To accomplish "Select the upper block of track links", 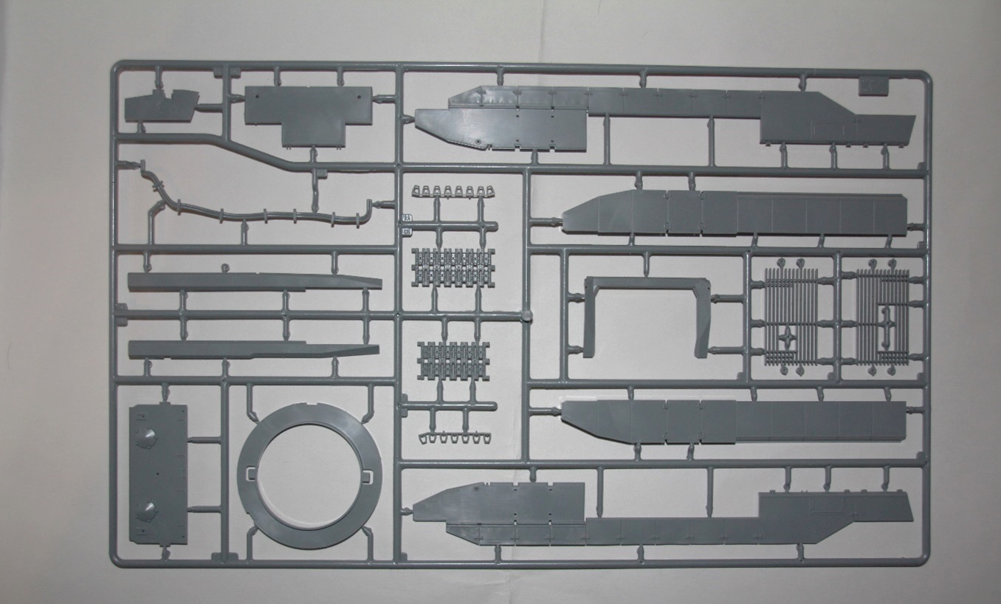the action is point(453,267).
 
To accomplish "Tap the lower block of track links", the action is point(453,359).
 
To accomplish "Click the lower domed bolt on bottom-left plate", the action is point(148,509).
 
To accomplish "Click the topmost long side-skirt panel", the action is point(664,118).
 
